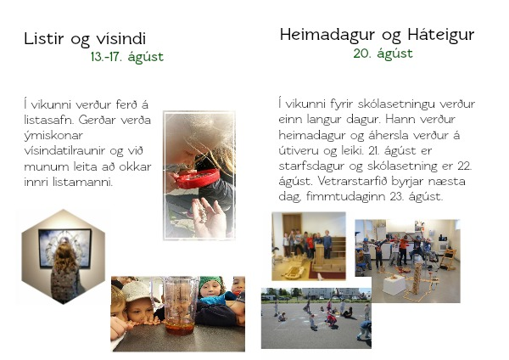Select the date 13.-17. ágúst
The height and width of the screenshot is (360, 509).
(127, 57)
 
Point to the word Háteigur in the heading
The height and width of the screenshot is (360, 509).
(441, 35)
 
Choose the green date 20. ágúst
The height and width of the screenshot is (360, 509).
(383, 53)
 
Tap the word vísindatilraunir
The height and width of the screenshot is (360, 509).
(64, 151)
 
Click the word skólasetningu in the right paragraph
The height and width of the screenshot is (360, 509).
(396, 104)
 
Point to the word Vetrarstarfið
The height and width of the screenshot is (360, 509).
(352, 181)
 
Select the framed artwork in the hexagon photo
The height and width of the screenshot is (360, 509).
(65, 248)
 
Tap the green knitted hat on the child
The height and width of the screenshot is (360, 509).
(210, 282)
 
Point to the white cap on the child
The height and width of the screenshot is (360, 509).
(136, 291)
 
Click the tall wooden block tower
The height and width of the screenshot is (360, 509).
(417, 278)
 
